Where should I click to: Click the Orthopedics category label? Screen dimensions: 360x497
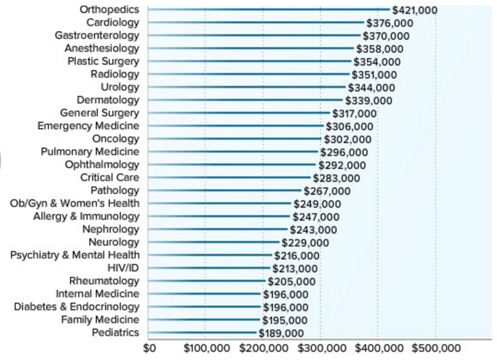click(x=110, y=10)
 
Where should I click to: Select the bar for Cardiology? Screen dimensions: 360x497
click(x=256, y=22)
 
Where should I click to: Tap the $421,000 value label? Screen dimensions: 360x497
click(x=415, y=10)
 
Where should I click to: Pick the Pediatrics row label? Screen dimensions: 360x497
click(x=115, y=333)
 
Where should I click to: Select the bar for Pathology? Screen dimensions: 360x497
click(x=225, y=190)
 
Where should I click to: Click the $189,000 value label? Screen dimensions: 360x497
click(x=281, y=333)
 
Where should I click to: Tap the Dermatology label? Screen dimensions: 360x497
click(x=108, y=100)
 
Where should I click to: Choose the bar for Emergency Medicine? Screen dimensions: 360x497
click(x=235, y=126)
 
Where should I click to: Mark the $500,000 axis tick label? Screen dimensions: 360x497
click(x=436, y=348)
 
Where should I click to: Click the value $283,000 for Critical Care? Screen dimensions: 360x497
click(x=337, y=178)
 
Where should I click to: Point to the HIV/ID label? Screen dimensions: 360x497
click(x=123, y=268)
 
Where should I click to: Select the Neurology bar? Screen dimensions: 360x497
click(x=214, y=242)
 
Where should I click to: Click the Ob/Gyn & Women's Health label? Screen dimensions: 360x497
click(x=74, y=203)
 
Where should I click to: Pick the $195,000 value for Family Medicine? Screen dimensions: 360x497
click(x=284, y=320)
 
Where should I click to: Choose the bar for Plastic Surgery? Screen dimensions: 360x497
click(x=249, y=61)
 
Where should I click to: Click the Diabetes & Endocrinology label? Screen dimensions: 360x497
click(x=76, y=307)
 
